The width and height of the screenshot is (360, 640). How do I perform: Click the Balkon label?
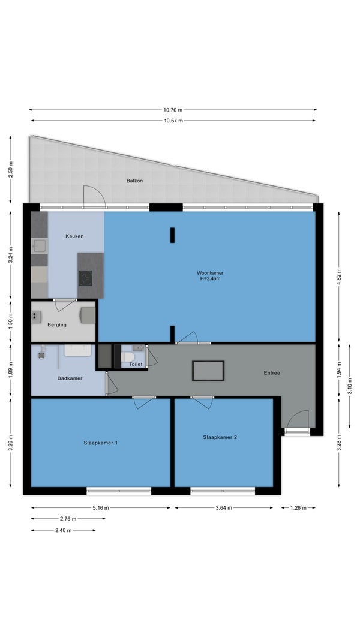coord(134,181)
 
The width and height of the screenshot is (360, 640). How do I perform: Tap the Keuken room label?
coord(74,236)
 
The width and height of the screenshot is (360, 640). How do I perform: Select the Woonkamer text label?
coord(210,273)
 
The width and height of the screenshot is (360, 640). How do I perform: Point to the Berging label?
coord(57,325)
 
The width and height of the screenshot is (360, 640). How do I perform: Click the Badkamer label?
coord(70,378)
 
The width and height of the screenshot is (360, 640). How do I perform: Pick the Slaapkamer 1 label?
coord(101,443)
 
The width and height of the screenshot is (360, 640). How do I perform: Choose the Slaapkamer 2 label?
coord(220,437)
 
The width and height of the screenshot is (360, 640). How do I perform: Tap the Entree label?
coord(272,372)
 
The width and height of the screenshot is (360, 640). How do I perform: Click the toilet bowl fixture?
coord(128,357)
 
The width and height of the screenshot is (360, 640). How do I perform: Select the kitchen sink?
coord(40,246)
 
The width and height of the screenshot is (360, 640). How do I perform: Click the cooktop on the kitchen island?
coord(85,278)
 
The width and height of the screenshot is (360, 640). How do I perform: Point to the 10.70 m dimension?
coord(173,110)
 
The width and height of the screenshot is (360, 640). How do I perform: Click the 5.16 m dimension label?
coord(101,508)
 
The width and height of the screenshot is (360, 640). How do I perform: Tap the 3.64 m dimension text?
coord(224,508)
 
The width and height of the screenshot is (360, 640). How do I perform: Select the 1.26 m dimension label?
coord(298,508)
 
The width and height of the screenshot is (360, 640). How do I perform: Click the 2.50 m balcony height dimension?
coord(11,169)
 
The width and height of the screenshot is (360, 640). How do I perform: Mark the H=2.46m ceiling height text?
coord(210,279)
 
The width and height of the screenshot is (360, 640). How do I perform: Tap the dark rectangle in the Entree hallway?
coord(208,371)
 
